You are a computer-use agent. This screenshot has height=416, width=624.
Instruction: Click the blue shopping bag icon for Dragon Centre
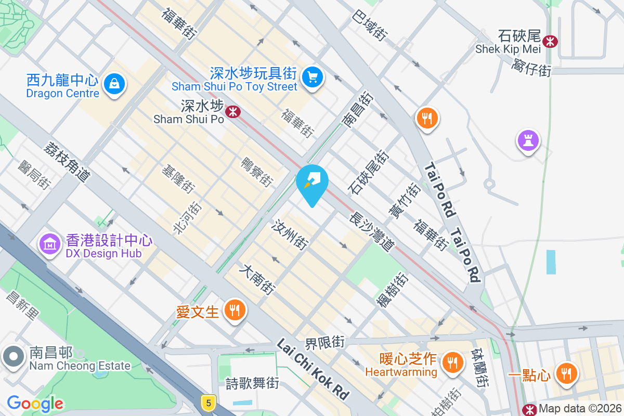114,83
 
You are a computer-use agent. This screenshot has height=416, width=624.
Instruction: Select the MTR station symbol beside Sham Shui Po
232,110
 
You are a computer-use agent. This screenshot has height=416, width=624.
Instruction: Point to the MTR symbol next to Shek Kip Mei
549,40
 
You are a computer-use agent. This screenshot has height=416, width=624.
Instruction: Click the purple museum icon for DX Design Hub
50,243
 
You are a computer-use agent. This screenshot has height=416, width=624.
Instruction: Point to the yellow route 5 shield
209,402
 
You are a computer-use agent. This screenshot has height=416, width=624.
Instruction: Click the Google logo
35,404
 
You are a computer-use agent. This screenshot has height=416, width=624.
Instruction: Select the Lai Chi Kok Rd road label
313,369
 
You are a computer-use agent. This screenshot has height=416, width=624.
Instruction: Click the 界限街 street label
325,343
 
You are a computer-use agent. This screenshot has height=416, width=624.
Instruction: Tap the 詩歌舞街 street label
252,384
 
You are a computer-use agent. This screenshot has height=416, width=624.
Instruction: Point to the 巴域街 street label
370,25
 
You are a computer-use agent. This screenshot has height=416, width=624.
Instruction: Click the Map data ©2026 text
580,409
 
